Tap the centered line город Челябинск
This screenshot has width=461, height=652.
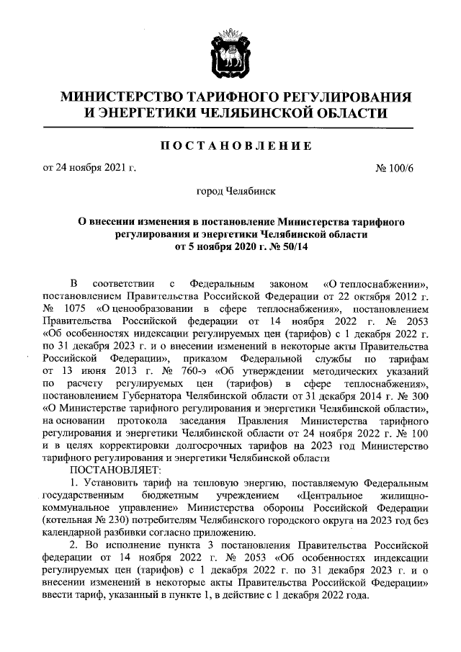click(230, 192)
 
